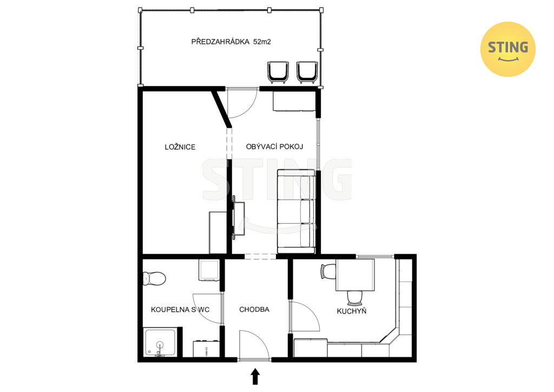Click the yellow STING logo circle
coord(507,49)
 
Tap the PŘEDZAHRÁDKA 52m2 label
coord(231,42)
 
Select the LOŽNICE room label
coord(180,147)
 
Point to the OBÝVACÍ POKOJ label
coord(274,146)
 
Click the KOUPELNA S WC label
coord(180,310)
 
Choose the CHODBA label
coord(254,310)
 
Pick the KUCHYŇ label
coord(352,311)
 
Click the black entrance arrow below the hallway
coord(255,376)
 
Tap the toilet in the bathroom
coord(154,278)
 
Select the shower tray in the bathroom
coord(160,343)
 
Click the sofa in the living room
coord(296,211)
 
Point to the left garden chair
coord(278,72)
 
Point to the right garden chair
coord(307,72)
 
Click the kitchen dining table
coord(355,275)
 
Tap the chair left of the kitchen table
coord(328,271)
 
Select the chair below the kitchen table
coord(355,298)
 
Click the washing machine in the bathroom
coord(209,270)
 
